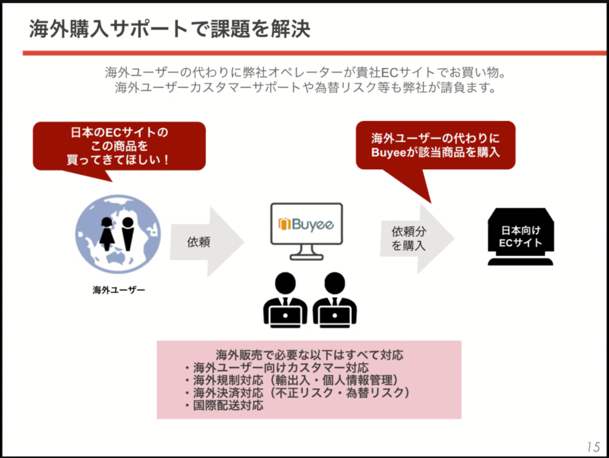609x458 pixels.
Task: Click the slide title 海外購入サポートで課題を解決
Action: [169, 29]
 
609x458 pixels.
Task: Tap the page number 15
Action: [594, 447]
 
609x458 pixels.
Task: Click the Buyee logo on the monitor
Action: [306, 224]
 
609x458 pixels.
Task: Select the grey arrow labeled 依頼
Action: [207, 242]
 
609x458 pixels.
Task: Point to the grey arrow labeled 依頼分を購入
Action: [417, 239]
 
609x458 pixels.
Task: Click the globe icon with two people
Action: [118, 234]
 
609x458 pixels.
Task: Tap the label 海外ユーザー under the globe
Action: [119, 290]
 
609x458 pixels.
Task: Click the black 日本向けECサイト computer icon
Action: [520, 237]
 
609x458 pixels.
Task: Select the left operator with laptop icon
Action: [285, 300]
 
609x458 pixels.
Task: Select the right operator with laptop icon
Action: [334, 300]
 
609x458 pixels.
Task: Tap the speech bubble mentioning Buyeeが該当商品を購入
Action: [435, 155]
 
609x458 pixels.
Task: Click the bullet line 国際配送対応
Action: [224, 406]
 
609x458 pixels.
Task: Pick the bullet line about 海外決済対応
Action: [297, 392]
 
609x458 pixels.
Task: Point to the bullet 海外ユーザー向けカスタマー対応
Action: [277, 367]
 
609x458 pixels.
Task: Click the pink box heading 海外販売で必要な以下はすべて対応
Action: [309, 354]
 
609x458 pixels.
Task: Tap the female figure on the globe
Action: [107, 233]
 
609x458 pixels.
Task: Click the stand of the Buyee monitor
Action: [306, 253]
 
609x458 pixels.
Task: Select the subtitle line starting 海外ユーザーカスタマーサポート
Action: [306, 88]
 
